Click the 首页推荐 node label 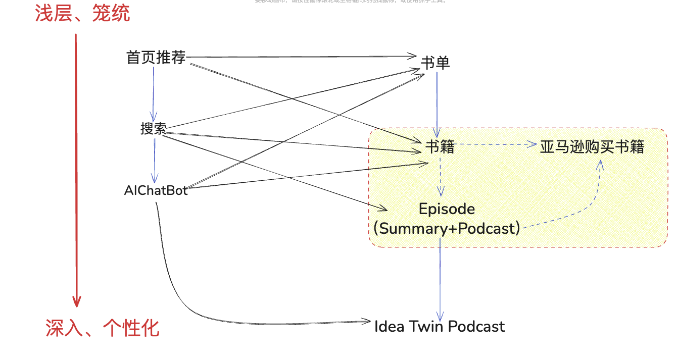[x=156, y=58]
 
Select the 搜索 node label [x=153, y=129]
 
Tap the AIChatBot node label [x=156, y=190]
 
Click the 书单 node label [x=435, y=63]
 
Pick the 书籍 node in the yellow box [x=440, y=146]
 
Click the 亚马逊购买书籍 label [x=592, y=147]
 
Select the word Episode [x=447, y=209]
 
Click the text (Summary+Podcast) [x=447, y=228]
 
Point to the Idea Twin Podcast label [x=439, y=326]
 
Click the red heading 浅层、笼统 [x=82, y=14]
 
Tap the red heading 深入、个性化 [x=103, y=328]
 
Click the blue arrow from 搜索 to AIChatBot [x=155, y=159]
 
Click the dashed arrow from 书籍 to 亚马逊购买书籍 [x=495, y=144]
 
